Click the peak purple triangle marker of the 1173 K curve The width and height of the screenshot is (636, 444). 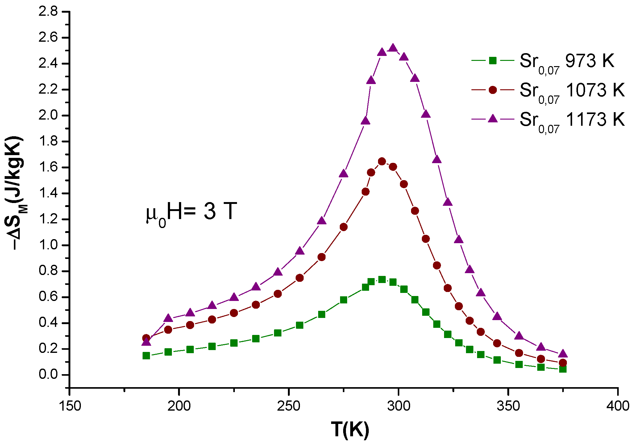point(393,48)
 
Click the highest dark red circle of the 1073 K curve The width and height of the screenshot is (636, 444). point(382,161)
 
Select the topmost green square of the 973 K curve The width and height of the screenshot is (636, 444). point(382,279)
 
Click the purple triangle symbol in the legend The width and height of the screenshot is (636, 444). point(493,119)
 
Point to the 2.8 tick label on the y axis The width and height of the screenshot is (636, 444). point(48,12)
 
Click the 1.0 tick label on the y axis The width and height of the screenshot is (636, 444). point(48,245)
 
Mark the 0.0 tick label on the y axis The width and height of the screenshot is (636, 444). point(48,375)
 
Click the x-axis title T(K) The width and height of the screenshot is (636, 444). point(350,429)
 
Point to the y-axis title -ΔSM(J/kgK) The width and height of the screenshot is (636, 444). point(15,193)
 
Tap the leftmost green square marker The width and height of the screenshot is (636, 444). point(146,356)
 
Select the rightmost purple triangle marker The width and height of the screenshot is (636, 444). point(563,353)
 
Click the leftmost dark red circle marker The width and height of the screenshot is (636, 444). point(146,338)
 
